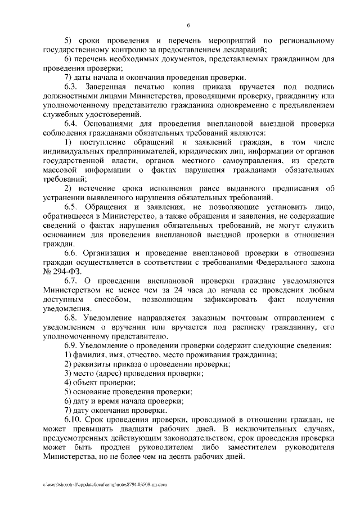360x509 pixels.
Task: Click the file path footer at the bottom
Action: (x=105, y=483)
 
